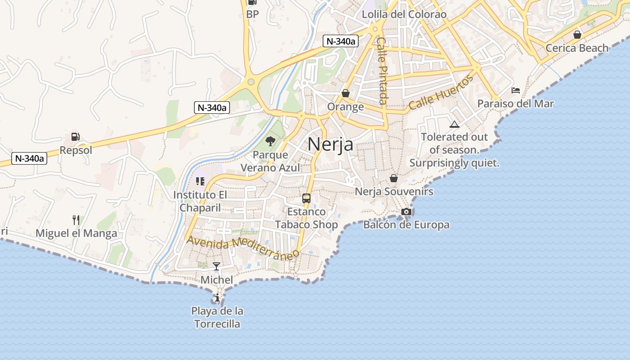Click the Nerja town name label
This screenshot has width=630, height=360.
tap(330, 144)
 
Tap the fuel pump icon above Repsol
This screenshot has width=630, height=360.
tap(75, 137)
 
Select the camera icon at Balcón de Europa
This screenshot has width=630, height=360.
tap(406, 211)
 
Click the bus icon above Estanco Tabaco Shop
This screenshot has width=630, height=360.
tap(306, 198)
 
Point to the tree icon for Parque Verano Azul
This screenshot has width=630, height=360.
tap(270, 141)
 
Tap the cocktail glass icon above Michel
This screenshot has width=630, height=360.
tap(216, 266)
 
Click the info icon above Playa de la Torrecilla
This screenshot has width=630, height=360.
tap(217, 297)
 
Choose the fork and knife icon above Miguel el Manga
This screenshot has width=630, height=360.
tap(76, 220)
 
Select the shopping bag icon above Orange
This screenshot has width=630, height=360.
tap(345, 93)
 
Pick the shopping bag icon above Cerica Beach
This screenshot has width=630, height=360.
tap(577, 35)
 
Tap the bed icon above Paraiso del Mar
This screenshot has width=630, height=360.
tap(516, 90)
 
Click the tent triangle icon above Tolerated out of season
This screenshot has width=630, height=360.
tap(454, 124)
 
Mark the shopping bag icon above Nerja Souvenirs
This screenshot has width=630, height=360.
tap(394, 178)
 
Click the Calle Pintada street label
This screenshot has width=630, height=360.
tap(382, 71)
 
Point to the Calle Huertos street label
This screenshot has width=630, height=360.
tap(441, 93)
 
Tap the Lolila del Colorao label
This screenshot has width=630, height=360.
tap(404, 14)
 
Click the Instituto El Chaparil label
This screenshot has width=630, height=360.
tap(200, 201)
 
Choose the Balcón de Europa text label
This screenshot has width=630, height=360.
tap(406, 225)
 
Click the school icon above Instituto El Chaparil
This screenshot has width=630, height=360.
tap(200, 181)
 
